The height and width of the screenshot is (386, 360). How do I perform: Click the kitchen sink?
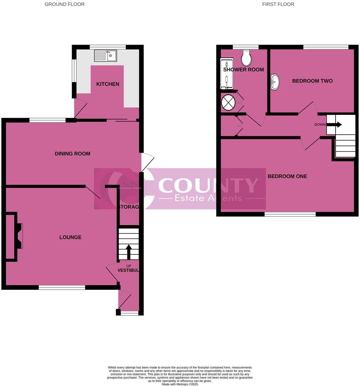pos(105,56)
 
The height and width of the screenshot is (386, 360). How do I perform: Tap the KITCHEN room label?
pos(108,84)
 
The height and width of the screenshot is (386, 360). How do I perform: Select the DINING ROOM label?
pos(72,154)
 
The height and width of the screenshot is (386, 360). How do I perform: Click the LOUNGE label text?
pos(71,237)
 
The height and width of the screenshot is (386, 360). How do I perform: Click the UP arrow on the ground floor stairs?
pos(128,251)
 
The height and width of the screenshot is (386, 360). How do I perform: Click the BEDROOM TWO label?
pos(312,81)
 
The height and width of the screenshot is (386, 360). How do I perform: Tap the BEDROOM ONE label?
pos(287,176)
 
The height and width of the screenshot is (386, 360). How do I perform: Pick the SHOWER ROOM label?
pos(243,69)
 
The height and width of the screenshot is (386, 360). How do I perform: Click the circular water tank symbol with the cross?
pos(229,102)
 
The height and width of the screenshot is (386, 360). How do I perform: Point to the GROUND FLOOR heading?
pos(64,4)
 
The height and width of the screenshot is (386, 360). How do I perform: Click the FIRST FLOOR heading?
pos(278,4)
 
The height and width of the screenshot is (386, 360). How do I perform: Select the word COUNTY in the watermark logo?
pos(208,186)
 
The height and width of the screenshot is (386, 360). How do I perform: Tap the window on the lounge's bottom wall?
pos(62,288)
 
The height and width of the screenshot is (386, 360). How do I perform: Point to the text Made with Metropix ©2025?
pos(180,384)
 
